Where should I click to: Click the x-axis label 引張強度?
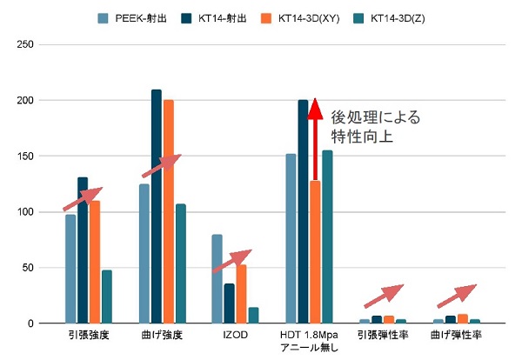pyautogui.click(x=88, y=335)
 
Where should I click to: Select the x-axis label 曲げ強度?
pyautogui.click(x=163, y=335)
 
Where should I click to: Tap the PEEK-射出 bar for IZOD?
pyautogui.click(x=217, y=279)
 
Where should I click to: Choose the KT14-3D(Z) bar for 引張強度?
pyautogui.click(x=107, y=297)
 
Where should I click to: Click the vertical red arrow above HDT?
pyautogui.click(x=315, y=139)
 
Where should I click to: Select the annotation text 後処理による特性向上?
pyautogui.click(x=375, y=127)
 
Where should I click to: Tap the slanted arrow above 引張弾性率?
pyautogui.click(x=384, y=295)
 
